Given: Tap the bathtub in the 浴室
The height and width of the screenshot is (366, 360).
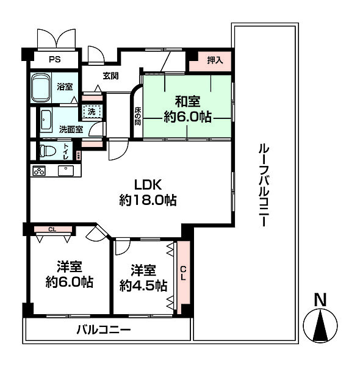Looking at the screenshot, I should pyautogui.click(x=41, y=88).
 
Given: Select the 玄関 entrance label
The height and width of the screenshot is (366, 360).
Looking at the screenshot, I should pyautogui.click(x=110, y=76).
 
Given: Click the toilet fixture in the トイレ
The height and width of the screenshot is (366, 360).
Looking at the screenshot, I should pyautogui.click(x=47, y=150).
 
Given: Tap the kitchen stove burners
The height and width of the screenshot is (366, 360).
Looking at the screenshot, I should pyautogui.click(x=39, y=171).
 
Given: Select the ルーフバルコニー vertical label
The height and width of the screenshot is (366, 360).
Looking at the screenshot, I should pyautogui.click(x=263, y=186).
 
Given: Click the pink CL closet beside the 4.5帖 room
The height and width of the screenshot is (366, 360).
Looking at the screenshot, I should pyautogui.click(x=183, y=271).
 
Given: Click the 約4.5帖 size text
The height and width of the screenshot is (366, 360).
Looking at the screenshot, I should pyautogui.click(x=143, y=285).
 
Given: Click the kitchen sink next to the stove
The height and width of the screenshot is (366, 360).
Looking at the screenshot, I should pyautogui.click(x=62, y=171).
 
